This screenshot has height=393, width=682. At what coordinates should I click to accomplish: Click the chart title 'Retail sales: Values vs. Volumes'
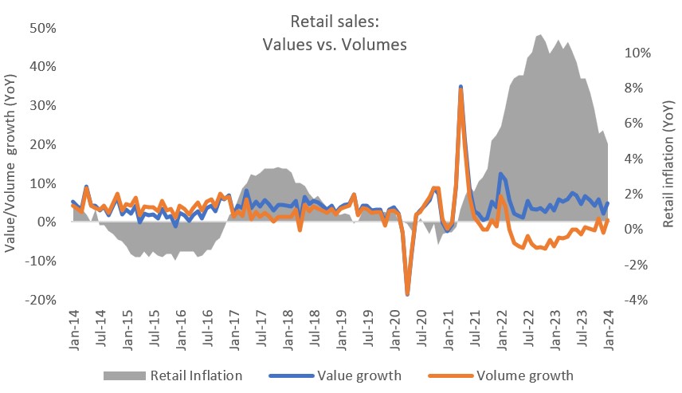pos(335,34)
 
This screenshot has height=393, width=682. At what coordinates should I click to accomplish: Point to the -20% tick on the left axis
pos(38,300)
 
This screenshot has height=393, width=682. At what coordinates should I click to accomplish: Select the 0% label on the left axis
pos(44,222)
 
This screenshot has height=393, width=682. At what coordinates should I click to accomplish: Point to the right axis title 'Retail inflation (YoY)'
pos(668,163)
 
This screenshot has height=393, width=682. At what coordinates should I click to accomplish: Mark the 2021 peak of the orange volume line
pos(461,89)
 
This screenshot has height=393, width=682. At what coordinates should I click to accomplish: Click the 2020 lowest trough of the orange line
pos(408,294)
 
